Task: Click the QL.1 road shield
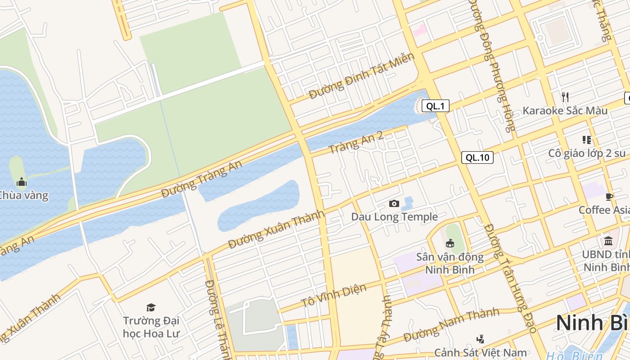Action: (435, 106)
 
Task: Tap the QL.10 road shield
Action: (477, 157)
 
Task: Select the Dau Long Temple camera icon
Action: (394, 204)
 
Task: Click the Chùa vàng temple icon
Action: (21, 182)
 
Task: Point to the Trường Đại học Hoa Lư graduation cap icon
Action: (151, 307)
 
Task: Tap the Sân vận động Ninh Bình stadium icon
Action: (450, 243)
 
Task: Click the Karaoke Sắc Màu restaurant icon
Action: (565, 97)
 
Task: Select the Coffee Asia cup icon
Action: (610, 197)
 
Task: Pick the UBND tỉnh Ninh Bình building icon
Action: (608, 241)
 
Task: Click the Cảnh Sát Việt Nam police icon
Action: (480, 339)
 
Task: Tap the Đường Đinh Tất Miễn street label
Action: (361, 76)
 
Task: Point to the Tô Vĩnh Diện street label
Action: (333, 295)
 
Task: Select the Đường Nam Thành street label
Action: (451, 324)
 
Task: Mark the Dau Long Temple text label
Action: (394, 217)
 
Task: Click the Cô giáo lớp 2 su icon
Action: (586, 140)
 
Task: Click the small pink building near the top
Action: (420, 30)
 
